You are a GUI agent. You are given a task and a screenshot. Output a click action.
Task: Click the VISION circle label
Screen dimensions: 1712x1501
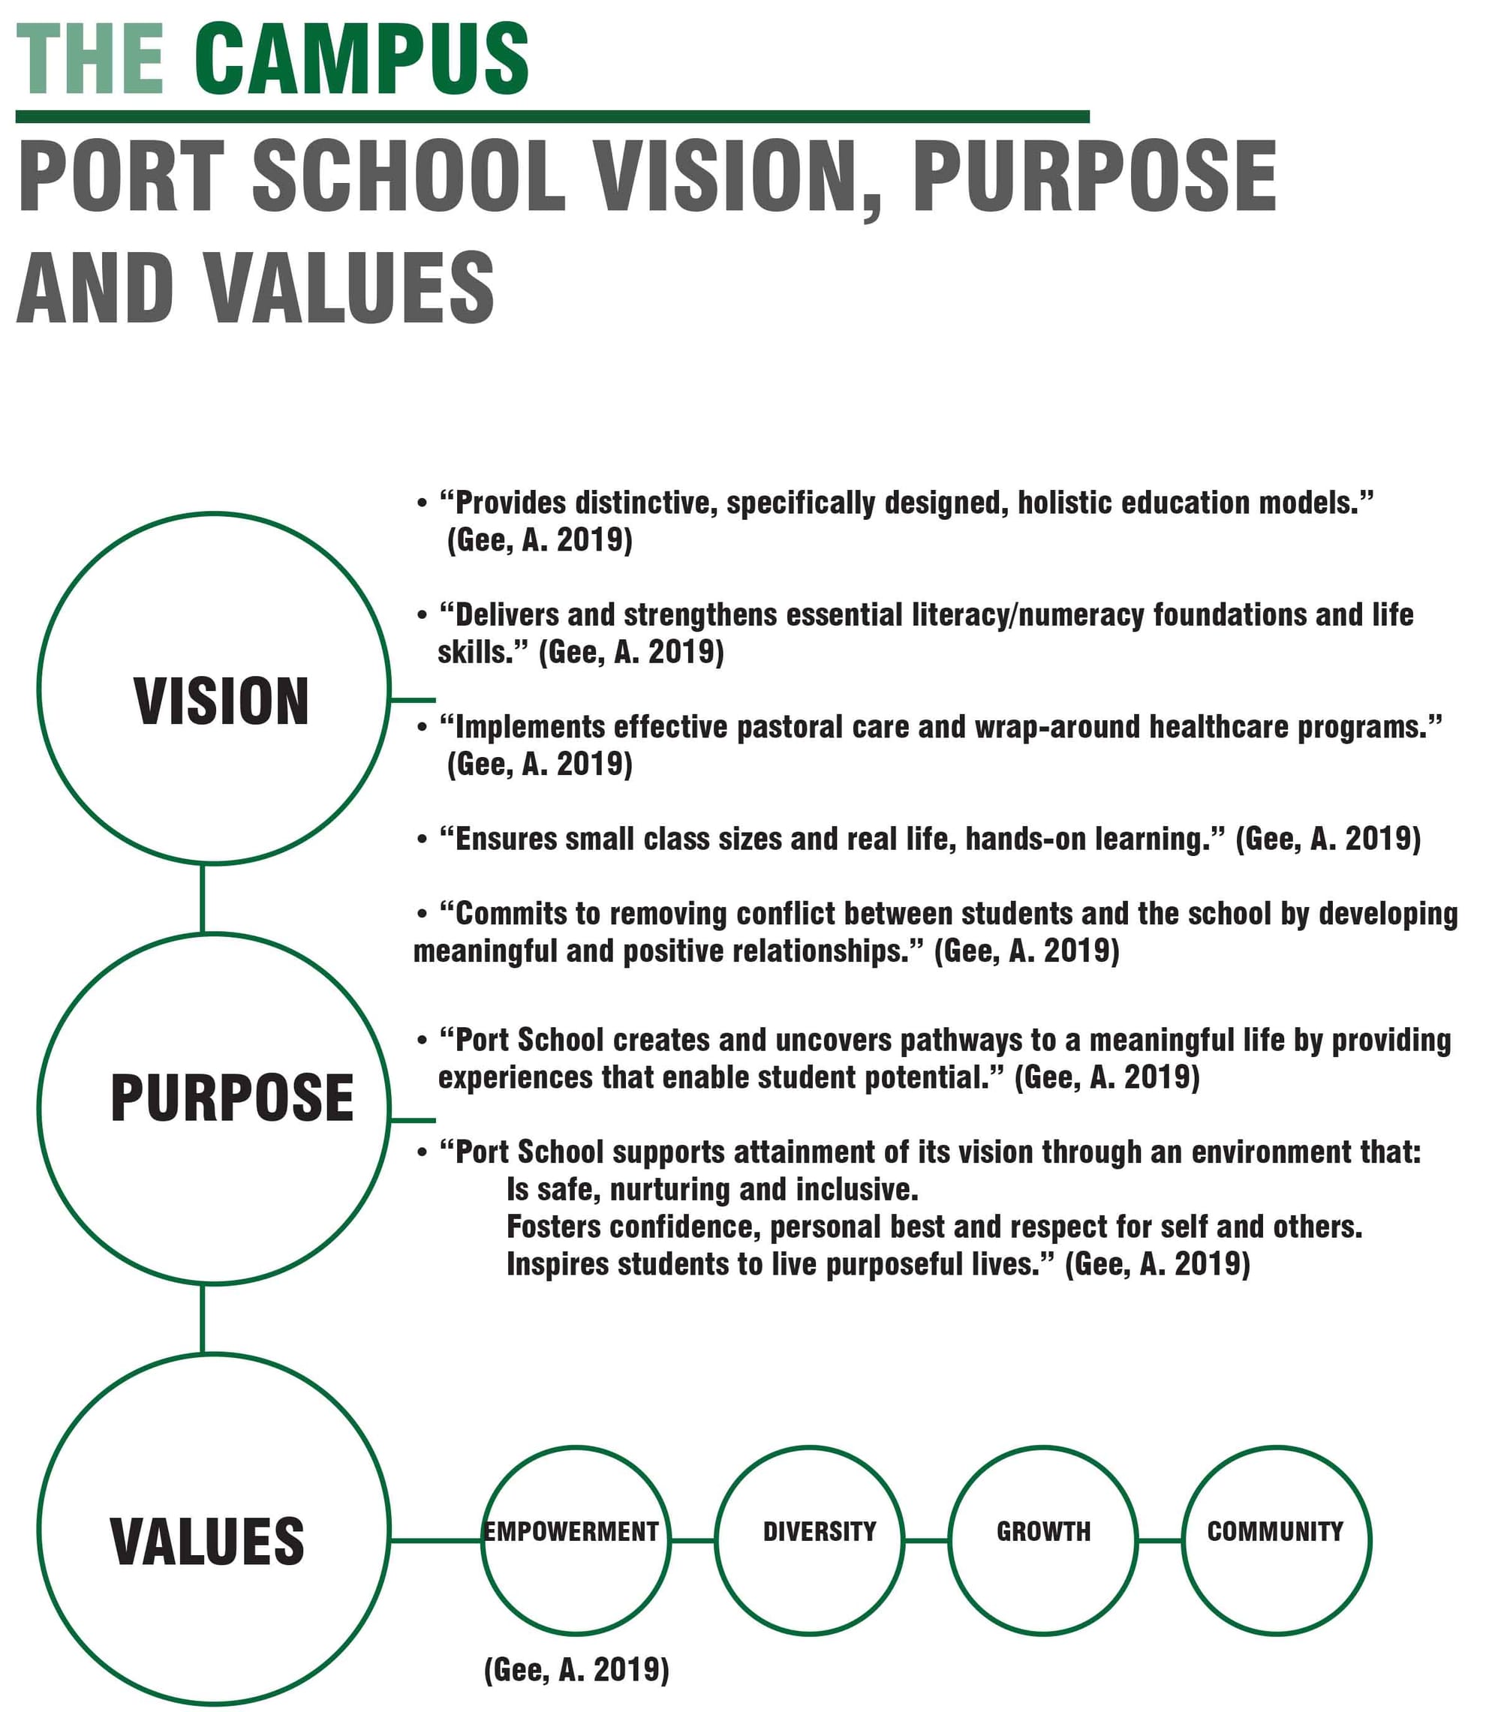[221, 701]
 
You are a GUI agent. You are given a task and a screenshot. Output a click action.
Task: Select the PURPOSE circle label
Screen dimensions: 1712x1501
[232, 1098]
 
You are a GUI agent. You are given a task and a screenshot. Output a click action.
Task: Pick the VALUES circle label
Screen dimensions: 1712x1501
[207, 1540]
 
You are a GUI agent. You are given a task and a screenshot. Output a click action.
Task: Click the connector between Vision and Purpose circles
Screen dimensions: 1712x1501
[202, 898]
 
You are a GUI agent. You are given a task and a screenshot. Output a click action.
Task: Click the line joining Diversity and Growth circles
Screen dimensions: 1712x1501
[926, 1540]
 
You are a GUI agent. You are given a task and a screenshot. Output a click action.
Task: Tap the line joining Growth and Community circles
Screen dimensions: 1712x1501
[1160, 1540]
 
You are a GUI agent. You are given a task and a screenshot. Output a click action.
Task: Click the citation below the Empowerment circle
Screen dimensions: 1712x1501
[576, 1669]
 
